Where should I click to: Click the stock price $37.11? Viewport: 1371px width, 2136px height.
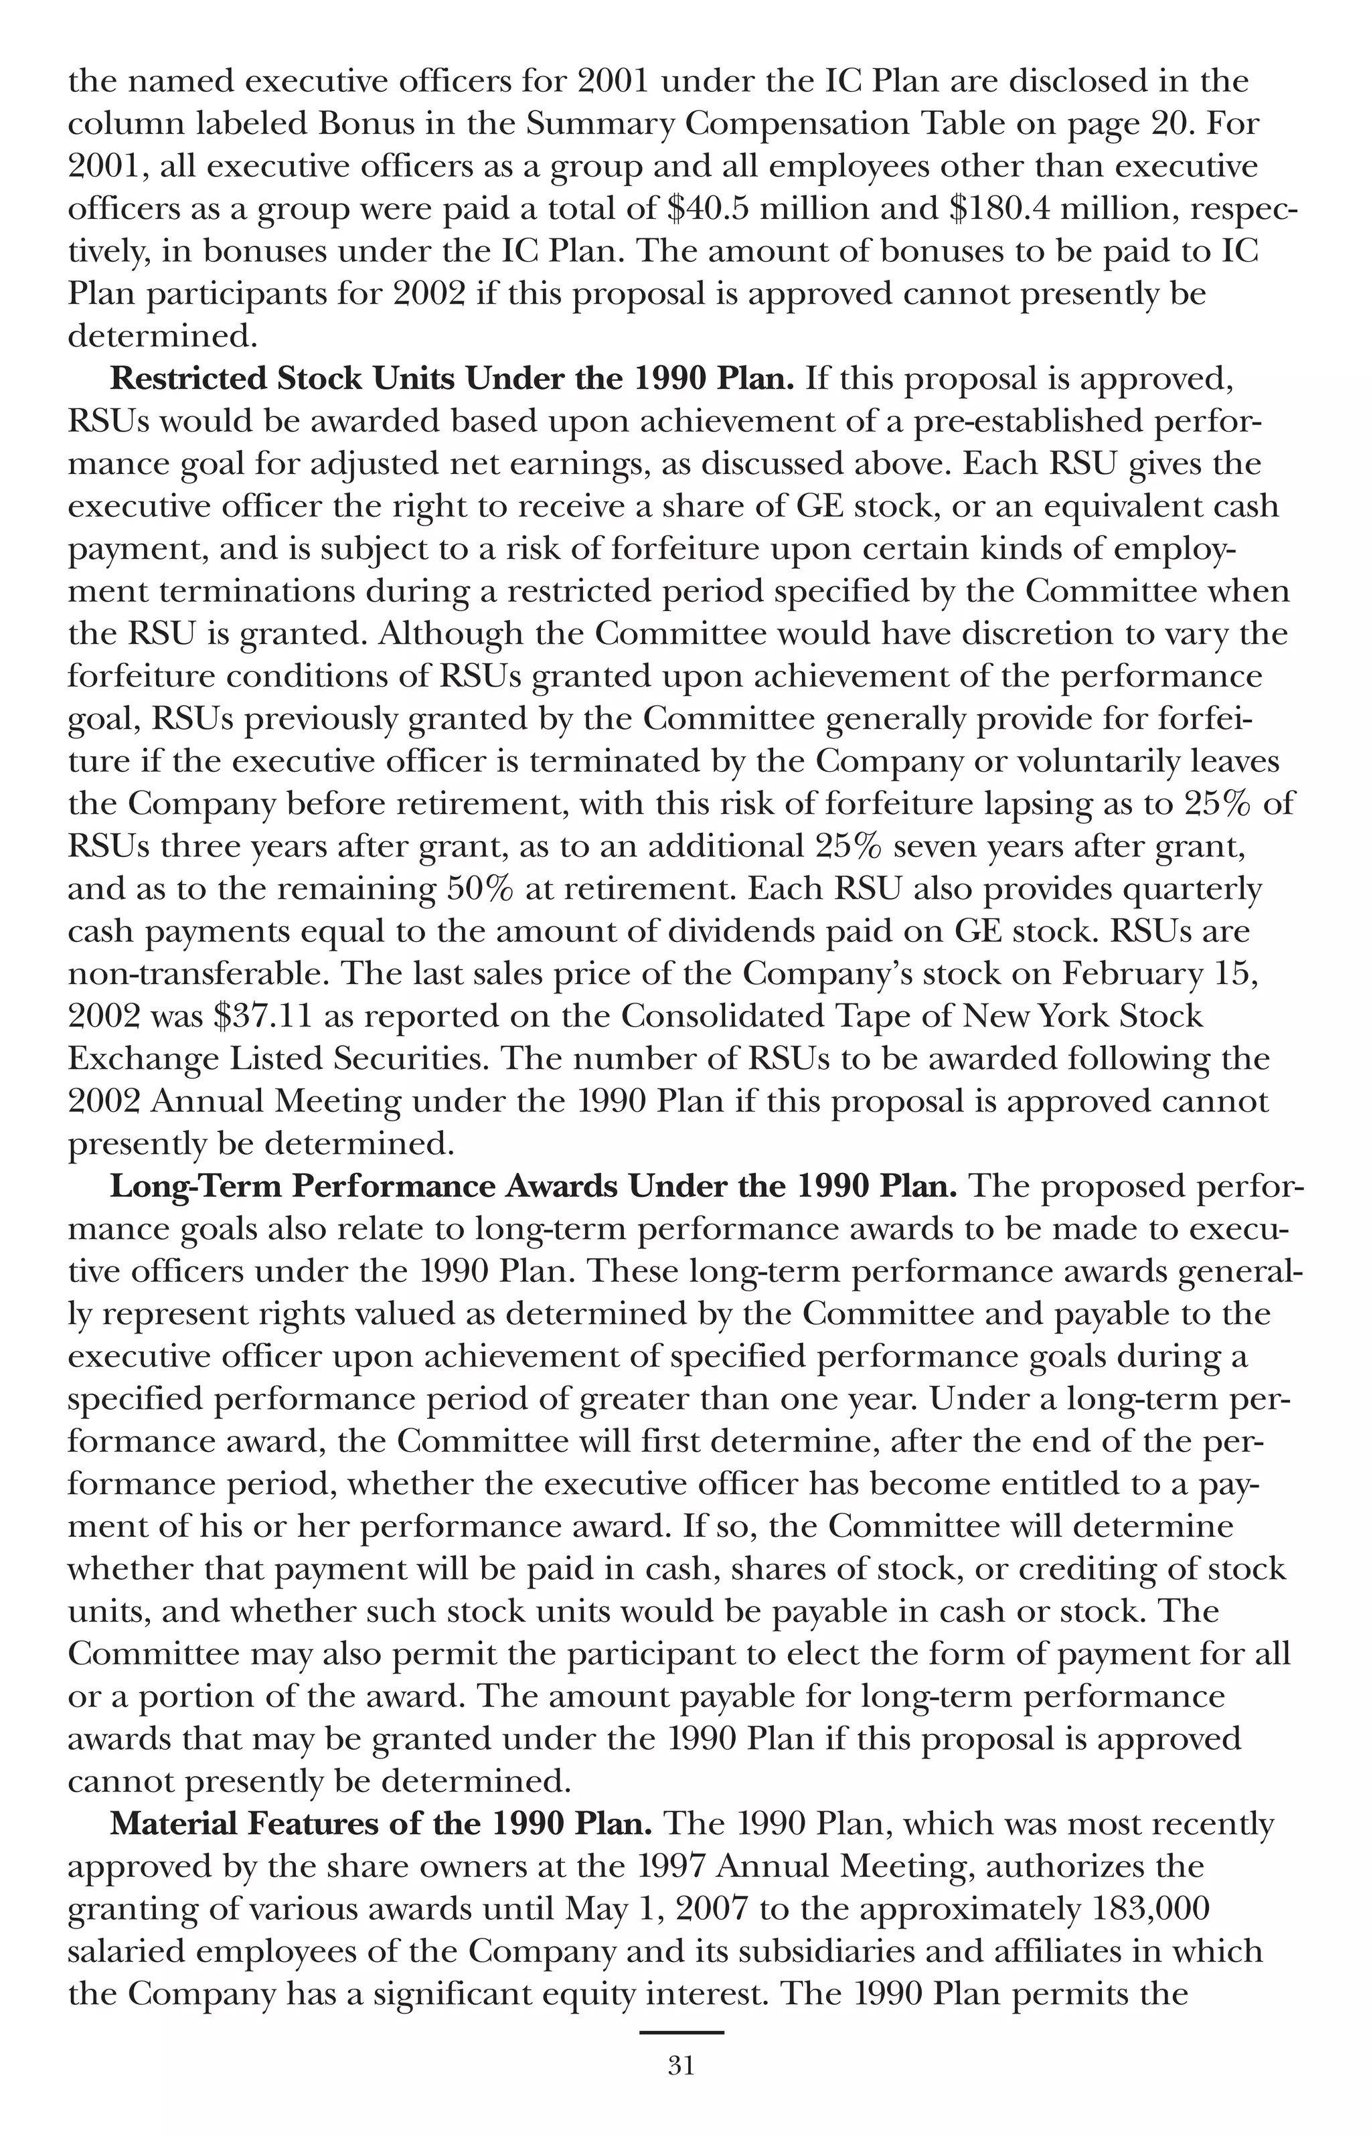[262, 1016]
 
